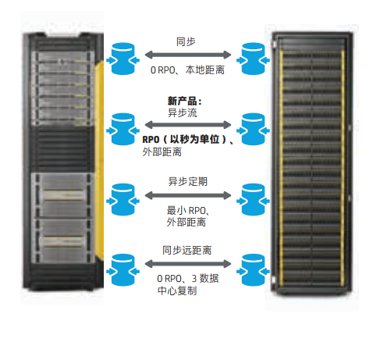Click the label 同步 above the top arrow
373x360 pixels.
(x=186, y=41)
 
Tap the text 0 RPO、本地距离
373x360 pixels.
(x=187, y=70)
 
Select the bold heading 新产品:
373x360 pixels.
(x=185, y=101)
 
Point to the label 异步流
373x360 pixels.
(x=183, y=112)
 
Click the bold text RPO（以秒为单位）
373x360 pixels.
(x=185, y=140)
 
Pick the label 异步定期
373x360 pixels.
(x=188, y=181)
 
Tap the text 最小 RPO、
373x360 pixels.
(x=188, y=210)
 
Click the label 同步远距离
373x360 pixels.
(x=187, y=250)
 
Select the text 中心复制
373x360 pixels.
(x=177, y=290)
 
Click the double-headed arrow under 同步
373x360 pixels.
(x=188, y=55)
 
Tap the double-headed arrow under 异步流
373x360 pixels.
(x=188, y=125)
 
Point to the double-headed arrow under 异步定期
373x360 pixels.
(x=188, y=195)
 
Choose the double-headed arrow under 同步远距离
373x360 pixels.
(x=188, y=264)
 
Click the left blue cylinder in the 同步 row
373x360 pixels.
(x=123, y=59)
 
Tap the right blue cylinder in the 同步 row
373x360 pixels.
(x=253, y=59)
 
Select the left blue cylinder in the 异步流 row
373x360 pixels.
(x=123, y=129)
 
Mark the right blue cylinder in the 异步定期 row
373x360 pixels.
(x=253, y=200)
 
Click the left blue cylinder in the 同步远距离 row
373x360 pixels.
(x=123, y=270)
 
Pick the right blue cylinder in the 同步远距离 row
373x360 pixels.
(x=253, y=270)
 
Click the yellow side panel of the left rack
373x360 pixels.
(x=99, y=160)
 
